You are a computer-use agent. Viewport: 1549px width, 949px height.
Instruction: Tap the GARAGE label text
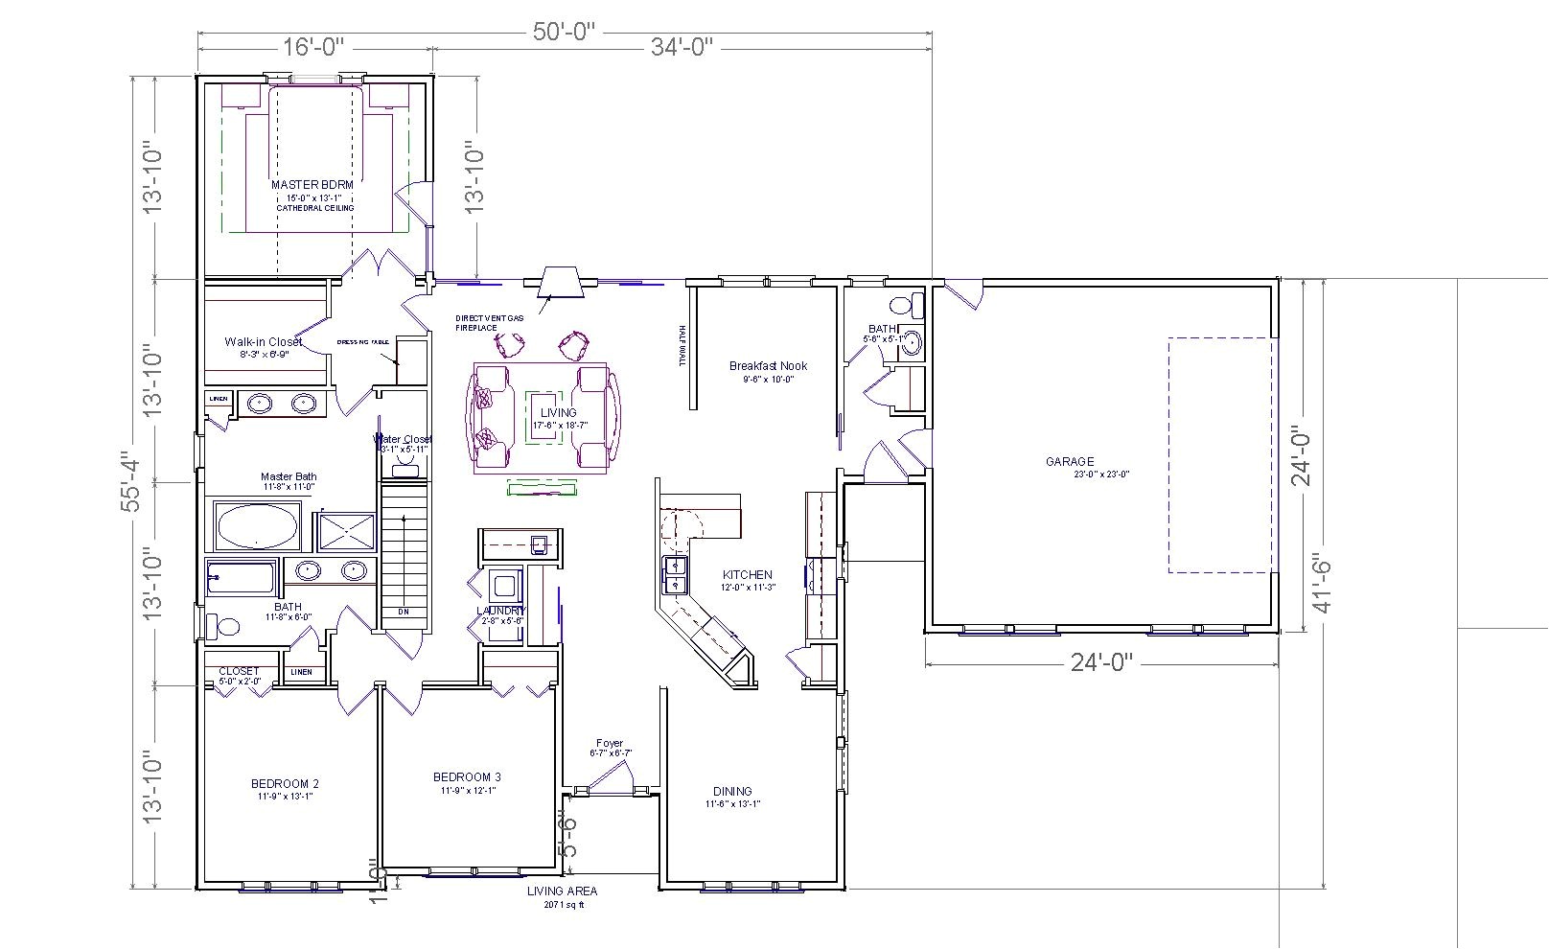coord(1070,462)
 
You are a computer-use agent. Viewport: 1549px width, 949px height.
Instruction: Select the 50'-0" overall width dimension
coord(565,32)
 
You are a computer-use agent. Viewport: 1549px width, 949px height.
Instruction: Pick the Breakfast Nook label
coord(768,366)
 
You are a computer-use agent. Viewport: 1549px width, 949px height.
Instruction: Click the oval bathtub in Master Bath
coord(257,525)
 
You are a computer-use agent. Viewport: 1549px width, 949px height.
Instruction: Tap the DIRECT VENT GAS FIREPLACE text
coord(476,322)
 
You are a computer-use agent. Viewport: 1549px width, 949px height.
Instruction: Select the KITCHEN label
coord(747,575)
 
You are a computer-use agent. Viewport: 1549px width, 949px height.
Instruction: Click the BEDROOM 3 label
coord(467,777)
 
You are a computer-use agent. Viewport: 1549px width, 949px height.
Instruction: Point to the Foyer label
coord(610,743)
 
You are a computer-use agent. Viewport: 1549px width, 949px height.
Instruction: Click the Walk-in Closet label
coord(263,342)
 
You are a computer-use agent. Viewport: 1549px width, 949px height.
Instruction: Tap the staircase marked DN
coord(404,556)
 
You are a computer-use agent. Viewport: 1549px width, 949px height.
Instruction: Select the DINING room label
coord(732,792)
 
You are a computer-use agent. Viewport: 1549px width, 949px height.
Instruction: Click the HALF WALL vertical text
coord(682,345)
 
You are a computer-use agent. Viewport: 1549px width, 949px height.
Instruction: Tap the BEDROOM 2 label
coord(285,784)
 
